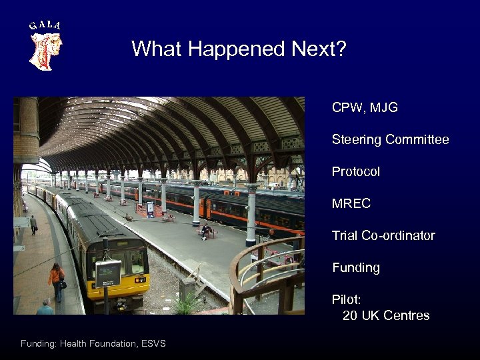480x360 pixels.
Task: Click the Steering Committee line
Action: click(390, 139)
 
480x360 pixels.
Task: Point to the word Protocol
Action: click(356, 171)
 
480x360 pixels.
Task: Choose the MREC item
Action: click(351, 203)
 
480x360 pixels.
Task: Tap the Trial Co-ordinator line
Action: click(383, 235)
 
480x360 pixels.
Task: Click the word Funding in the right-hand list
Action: click(356, 267)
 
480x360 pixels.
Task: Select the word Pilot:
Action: click(346, 299)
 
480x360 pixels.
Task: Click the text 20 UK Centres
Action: click(386, 315)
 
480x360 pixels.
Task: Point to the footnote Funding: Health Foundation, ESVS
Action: click(93, 343)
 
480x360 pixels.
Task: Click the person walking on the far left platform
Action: click(33, 225)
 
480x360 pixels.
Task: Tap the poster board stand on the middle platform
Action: click(150, 209)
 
